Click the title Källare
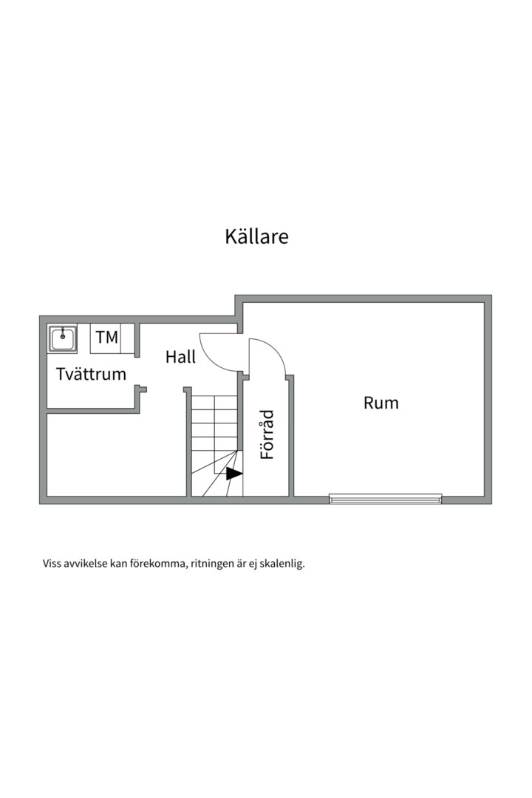coord(256,236)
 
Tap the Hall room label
coord(180,357)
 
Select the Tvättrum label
coord(91,374)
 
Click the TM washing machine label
coord(106,338)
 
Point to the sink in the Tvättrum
coord(63,339)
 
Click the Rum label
coord(381,403)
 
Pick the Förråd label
coord(267,435)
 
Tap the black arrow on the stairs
coord(233,474)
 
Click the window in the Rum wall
coord(385,499)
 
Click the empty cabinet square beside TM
coord(128,338)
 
